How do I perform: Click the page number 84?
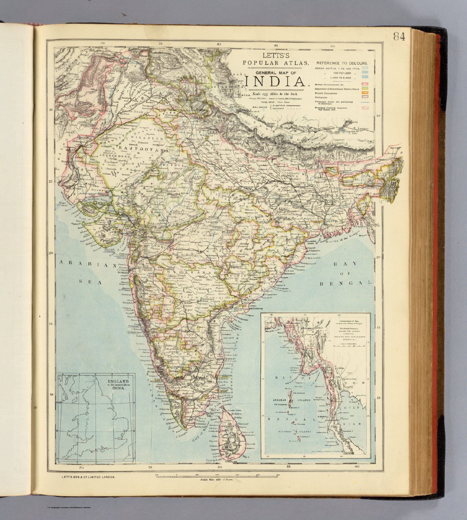click(x=399, y=36)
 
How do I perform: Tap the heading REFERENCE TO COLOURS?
click(x=342, y=63)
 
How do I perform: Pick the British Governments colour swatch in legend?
click(x=365, y=84)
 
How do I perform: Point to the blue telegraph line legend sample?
click(x=365, y=102)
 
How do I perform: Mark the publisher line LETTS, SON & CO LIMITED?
click(x=89, y=477)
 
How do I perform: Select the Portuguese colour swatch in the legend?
click(x=365, y=97)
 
